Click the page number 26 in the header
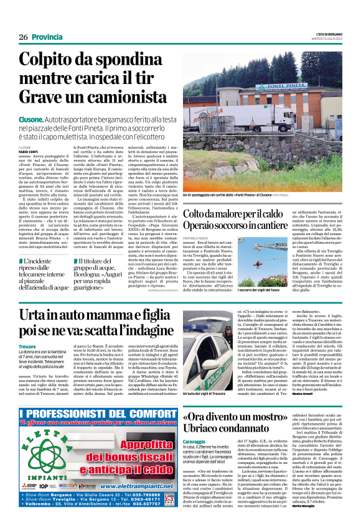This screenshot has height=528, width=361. click(x=23, y=37)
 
